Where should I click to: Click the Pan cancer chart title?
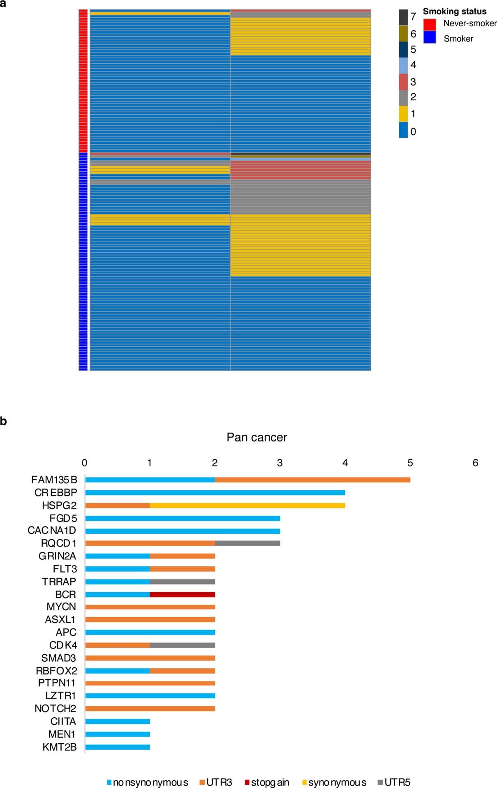(257, 437)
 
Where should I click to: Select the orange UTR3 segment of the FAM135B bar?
(312, 480)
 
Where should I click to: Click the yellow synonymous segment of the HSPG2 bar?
(247, 505)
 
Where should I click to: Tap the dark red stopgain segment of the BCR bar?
(182, 594)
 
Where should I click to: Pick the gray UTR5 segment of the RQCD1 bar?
(247, 543)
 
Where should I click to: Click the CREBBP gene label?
(56, 492)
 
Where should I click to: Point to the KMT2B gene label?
(59, 747)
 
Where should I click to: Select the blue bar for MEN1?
(117, 734)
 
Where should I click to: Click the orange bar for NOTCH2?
(150, 709)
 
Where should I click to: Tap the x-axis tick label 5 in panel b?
(410, 463)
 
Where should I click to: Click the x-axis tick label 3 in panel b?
(280, 463)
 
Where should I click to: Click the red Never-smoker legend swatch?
(430, 24)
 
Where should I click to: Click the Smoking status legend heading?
(454, 12)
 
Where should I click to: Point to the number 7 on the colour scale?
(413, 16)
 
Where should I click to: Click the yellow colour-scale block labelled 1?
(403, 114)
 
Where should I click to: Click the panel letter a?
(3, 3)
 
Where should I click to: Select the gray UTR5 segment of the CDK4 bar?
(182, 645)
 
